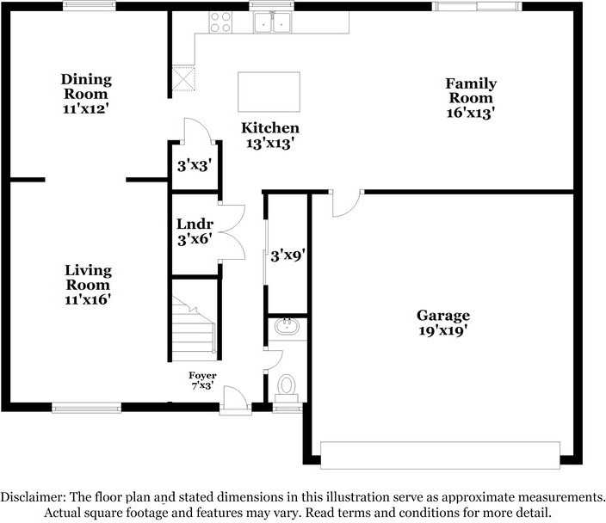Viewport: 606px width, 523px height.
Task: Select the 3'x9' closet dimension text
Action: point(288,255)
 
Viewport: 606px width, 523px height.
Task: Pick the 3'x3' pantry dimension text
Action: point(194,165)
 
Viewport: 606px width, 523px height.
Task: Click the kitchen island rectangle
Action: point(269,91)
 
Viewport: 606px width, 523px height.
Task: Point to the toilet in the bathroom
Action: point(286,386)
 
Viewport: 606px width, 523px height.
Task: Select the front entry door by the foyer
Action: point(235,399)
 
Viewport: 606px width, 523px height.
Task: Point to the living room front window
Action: point(86,408)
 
